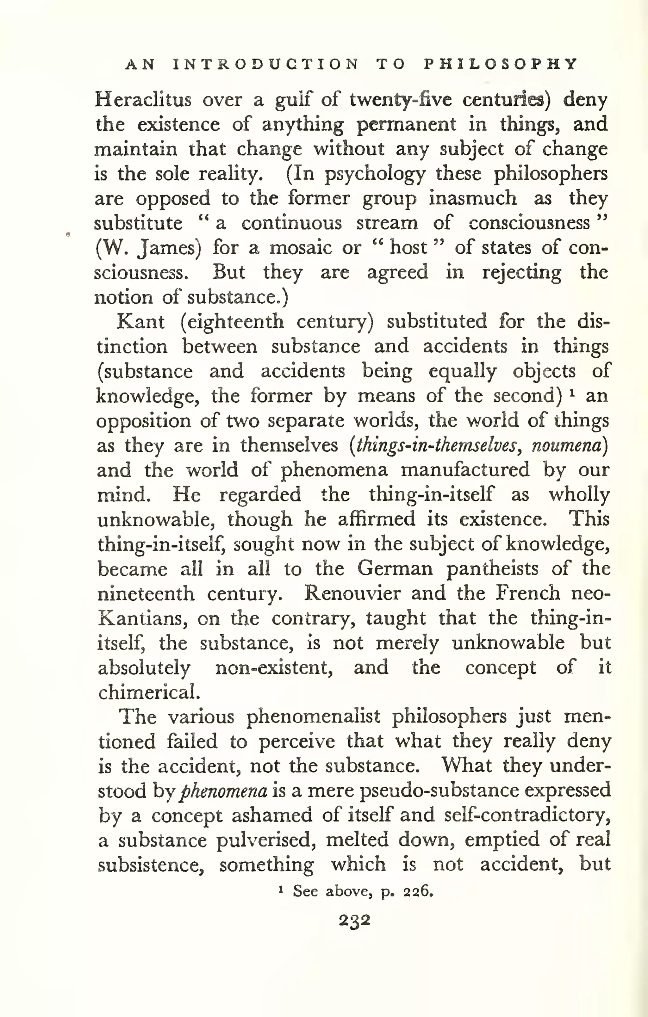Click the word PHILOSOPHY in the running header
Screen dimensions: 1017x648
click(501, 64)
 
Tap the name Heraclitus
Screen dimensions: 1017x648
click(143, 100)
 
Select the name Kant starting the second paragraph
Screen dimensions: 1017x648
click(140, 322)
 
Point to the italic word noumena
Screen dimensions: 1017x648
click(566, 446)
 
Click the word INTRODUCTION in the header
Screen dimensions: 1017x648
click(266, 64)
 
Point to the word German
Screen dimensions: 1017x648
click(395, 568)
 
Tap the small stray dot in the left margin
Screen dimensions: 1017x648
click(68, 233)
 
